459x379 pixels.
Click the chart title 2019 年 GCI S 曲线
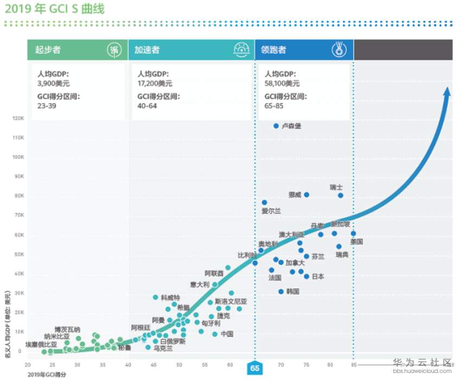tap(55, 9)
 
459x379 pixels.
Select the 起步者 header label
tap(48, 50)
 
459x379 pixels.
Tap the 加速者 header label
tap(147, 50)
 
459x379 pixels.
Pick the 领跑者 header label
tap(273, 50)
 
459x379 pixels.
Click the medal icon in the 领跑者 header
tap(339, 50)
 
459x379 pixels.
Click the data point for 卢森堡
tap(276, 126)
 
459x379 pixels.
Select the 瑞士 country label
tap(336, 187)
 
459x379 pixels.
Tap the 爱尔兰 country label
tap(271, 210)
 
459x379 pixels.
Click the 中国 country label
tap(227, 334)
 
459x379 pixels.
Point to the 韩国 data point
tap(281, 292)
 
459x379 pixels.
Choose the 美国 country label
tap(356, 242)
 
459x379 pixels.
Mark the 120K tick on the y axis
tap(18, 118)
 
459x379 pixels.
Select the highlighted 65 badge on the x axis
tap(255, 368)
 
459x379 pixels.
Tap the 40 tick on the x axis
tap(128, 365)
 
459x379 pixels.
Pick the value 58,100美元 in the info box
tap(282, 83)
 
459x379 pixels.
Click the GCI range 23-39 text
tap(47, 106)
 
